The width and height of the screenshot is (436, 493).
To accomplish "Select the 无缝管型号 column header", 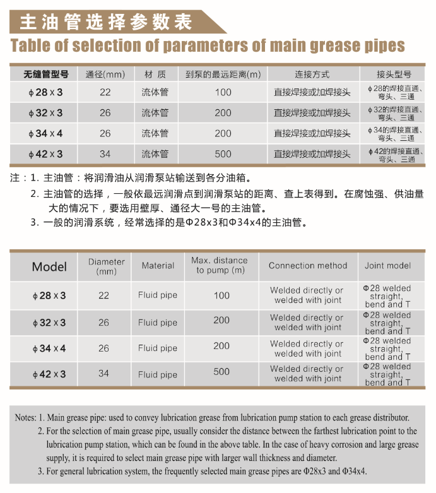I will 45,74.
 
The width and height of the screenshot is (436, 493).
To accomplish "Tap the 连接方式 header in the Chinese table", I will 312,74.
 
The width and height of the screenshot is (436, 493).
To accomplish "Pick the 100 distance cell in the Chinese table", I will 223,92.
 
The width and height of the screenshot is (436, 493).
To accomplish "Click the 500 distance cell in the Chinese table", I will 223,154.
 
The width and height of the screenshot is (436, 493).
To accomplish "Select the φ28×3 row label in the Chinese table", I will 45,93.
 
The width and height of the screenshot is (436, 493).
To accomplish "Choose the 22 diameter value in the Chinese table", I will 105,92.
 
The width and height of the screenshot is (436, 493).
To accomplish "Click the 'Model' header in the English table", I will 49,266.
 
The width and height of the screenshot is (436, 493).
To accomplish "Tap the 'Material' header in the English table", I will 158,266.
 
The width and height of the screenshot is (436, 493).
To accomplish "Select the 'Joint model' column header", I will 387,266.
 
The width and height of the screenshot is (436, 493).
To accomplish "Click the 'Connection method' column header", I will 308,266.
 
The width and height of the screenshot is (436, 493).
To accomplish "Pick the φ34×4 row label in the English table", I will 49,348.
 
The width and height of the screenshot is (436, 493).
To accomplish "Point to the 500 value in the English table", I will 221,372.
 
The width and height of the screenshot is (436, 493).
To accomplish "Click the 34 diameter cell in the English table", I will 103,373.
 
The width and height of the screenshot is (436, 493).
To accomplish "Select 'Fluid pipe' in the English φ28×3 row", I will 158,295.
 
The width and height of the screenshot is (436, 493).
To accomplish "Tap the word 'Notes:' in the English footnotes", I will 25,417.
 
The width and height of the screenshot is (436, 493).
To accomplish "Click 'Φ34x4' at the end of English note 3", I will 355,472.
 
